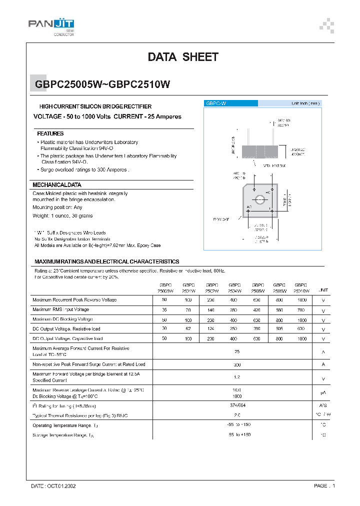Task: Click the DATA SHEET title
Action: point(183,57)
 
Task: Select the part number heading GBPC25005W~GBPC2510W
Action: point(102,84)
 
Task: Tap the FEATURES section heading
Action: point(50,134)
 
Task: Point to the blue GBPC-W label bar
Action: point(231,103)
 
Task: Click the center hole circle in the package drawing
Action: point(260,201)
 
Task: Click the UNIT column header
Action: point(323,290)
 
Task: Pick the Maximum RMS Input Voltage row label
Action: point(60,309)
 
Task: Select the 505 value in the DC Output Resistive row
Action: point(279,329)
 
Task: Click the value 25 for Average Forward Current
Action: point(237,351)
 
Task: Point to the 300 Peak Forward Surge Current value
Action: point(237,365)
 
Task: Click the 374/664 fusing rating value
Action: point(237,405)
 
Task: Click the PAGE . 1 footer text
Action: point(324,485)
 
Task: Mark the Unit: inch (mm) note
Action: point(305,103)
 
